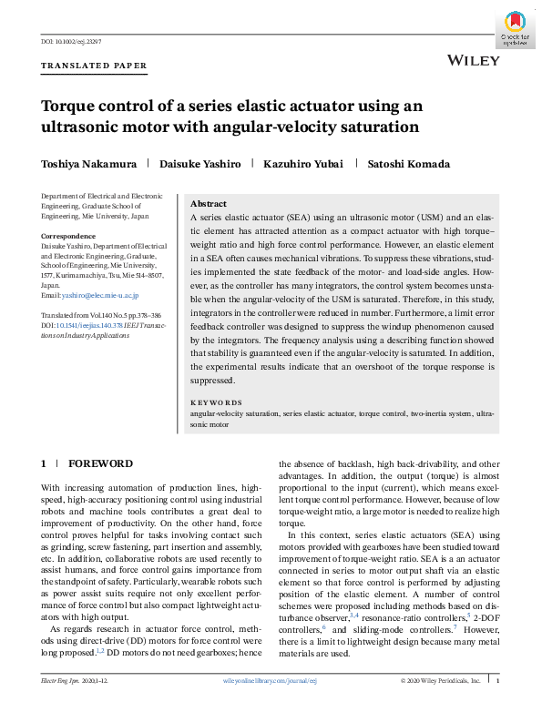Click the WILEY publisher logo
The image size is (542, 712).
pyautogui.click(x=474, y=60)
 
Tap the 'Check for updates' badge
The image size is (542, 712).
pyautogui.click(x=516, y=31)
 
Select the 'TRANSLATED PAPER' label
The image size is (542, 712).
pyautogui.click(x=94, y=66)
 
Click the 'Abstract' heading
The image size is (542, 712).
pyautogui.click(x=209, y=204)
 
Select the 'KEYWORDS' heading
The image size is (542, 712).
pyautogui.click(x=216, y=402)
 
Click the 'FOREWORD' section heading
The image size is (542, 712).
pyautogui.click(x=97, y=463)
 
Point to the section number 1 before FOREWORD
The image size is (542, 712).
pyautogui.click(x=44, y=463)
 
